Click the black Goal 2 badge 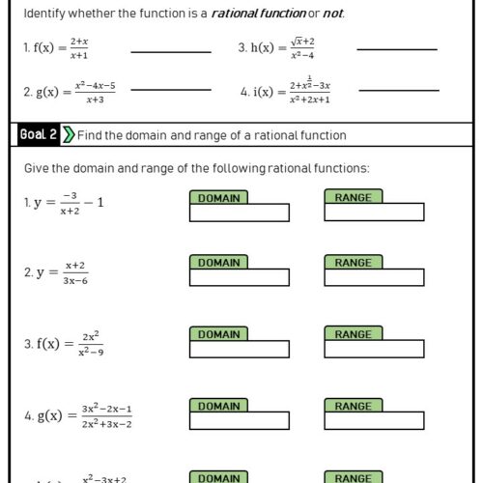[x=38, y=135]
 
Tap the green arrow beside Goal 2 [x=68, y=135]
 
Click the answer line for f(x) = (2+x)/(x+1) [x=170, y=51]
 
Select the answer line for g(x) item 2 [x=170, y=90]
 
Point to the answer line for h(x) [x=396, y=48]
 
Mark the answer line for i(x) [x=396, y=90]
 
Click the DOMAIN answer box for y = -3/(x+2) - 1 [x=239, y=213]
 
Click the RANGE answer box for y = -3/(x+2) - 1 [x=374, y=213]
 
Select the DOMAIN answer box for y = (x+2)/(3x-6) [x=239, y=278]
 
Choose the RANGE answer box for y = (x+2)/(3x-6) [x=374, y=278]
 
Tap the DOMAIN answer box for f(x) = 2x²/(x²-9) [x=239, y=351]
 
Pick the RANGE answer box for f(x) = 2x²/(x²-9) [x=374, y=351]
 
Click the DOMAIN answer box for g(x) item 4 [x=239, y=422]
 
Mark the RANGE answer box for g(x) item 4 [x=374, y=422]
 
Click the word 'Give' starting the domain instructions [x=36, y=169]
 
